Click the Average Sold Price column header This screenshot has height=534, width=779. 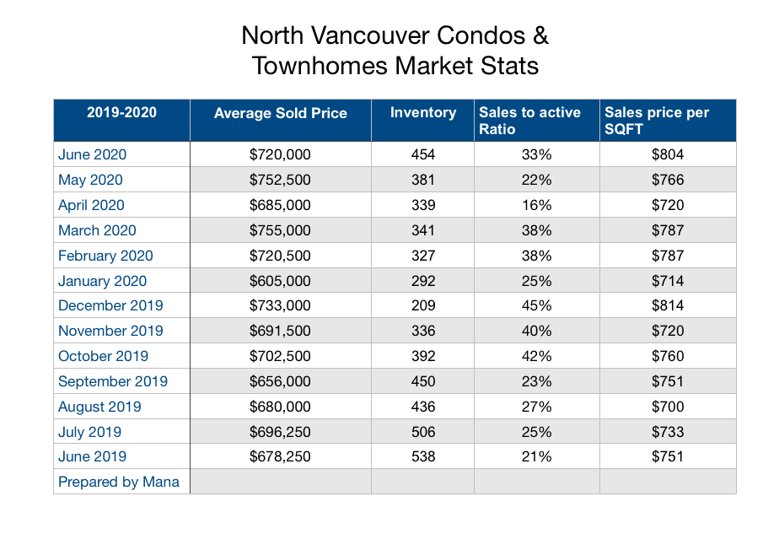point(280,113)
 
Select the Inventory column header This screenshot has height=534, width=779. point(422,113)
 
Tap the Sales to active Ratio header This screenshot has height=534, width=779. point(529,121)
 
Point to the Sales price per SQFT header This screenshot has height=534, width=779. point(657,121)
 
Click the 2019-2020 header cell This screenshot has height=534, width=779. point(121,113)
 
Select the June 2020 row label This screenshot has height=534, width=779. point(93,154)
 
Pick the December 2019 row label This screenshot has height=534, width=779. point(110,305)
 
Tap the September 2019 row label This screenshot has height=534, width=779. point(113,381)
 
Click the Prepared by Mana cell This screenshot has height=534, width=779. point(119,482)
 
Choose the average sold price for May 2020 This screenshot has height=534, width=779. point(280,180)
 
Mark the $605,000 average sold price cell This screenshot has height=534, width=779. point(280,281)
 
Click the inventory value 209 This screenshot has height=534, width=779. point(422,305)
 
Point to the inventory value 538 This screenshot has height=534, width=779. point(422,456)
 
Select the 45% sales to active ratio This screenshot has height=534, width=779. point(536,305)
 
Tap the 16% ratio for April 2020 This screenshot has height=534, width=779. point(536,205)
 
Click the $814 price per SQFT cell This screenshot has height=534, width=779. point(667,305)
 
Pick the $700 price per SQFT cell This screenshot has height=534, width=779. point(667,407)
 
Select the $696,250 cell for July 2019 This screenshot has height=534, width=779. point(280,432)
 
